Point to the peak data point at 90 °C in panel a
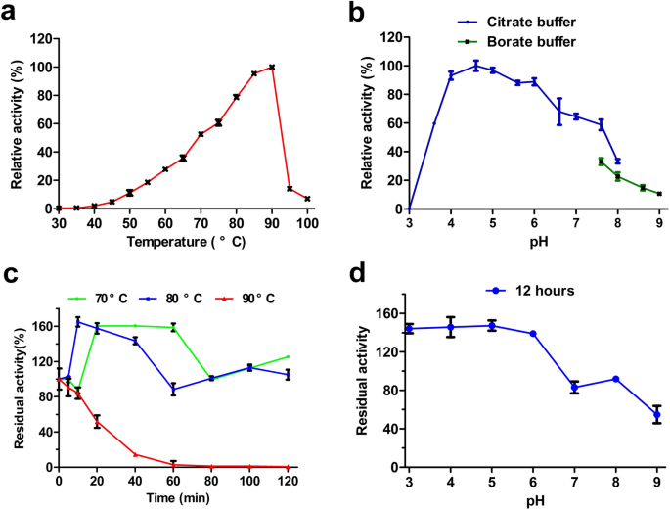tap(272, 67)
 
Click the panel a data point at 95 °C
tap(290, 188)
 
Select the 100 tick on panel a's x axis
tap(307, 223)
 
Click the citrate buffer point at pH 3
tap(409, 209)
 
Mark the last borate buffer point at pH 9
tap(659, 194)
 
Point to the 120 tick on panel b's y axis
tap(391, 37)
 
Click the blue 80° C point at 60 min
tap(173, 389)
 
